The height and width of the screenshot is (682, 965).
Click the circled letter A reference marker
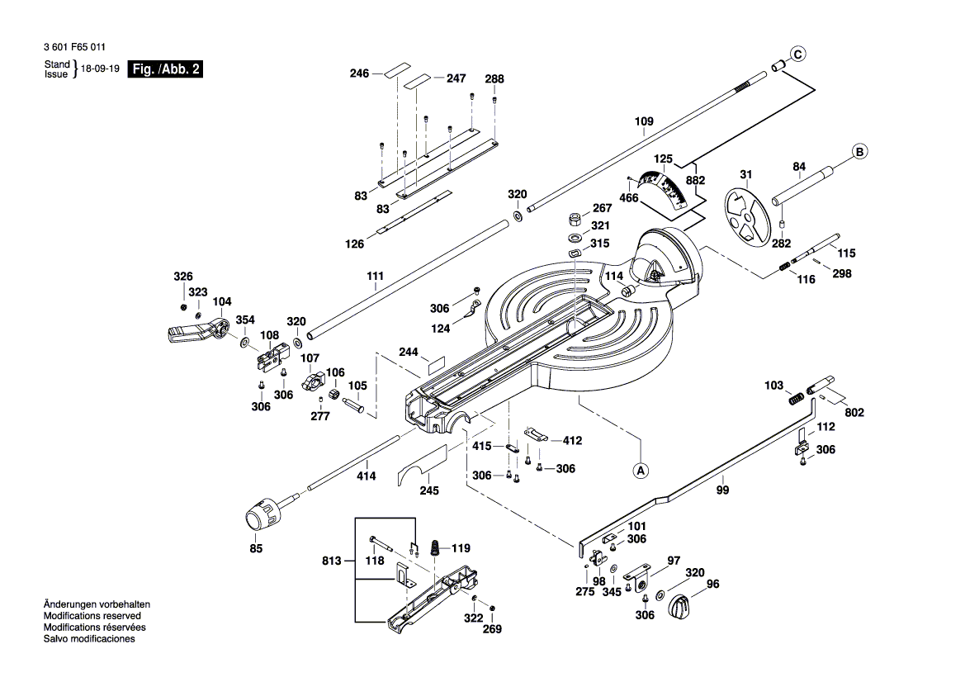(x=641, y=470)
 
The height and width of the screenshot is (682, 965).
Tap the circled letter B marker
(x=859, y=152)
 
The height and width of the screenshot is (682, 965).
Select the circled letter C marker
(x=797, y=54)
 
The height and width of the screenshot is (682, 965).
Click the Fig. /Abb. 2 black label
(x=167, y=69)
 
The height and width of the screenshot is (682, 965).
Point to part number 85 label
(x=256, y=548)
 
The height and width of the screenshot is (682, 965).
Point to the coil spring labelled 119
(x=431, y=548)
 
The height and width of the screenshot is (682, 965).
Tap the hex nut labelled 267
(x=574, y=220)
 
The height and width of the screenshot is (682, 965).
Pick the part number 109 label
(x=644, y=121)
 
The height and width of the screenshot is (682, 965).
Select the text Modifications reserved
(x=92, y=616)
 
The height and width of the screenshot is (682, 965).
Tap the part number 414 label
(x=366, y=476)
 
